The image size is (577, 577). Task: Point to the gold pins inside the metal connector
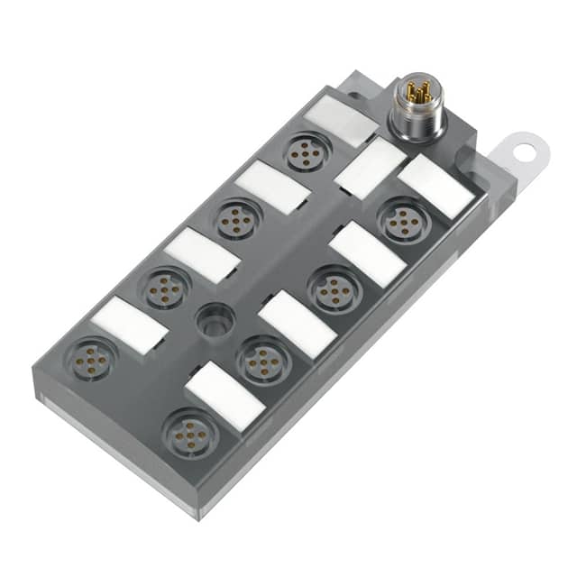417,92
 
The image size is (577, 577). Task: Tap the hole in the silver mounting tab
527,150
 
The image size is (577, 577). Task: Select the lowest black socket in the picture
190,434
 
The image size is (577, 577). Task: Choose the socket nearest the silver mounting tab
402,219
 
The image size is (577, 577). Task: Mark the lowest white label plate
224,396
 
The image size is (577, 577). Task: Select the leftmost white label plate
130,325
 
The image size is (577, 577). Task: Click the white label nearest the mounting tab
436,186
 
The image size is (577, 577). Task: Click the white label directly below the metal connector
371,167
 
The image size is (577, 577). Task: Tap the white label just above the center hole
202,255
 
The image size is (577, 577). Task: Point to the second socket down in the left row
238,219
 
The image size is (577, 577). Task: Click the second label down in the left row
273,187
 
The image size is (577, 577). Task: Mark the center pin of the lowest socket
190,434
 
